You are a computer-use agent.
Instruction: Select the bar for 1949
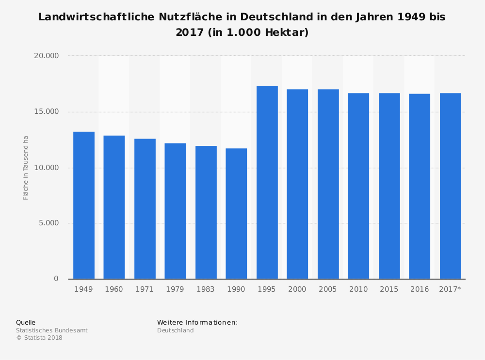coord(84,205)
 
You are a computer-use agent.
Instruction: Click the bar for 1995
coord(267,183)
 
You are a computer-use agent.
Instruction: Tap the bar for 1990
coord(236,214)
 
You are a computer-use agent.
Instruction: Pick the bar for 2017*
coord(450,186)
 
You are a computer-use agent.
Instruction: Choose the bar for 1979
coord(175,211)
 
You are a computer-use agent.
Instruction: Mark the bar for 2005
coord(328,184)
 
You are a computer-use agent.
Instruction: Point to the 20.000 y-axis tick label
coord(46,56)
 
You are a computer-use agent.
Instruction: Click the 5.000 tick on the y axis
coord(48,223)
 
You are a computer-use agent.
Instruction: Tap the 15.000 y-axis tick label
coord(46,112)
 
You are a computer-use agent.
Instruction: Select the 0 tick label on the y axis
coord(56,279)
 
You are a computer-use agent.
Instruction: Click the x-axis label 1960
coord(114,290)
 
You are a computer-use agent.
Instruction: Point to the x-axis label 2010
coord(358,290)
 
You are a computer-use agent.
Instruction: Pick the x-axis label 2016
coord(420,290)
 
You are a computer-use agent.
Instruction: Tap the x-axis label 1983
coord(206,290)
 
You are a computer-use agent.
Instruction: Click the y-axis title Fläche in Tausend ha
coord(26,168)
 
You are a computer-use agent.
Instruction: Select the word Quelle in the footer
coord(26,323)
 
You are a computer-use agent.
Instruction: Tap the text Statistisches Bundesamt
coord(52,330)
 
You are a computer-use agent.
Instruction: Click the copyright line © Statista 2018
coord(39,338)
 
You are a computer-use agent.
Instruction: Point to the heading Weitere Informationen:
coord(197,323)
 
